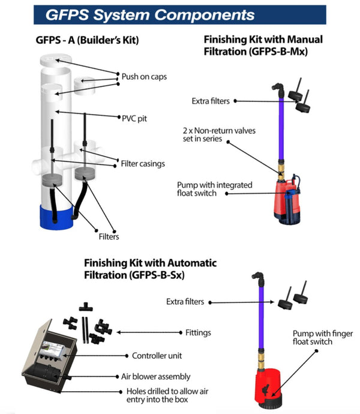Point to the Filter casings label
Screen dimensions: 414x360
point(143,164)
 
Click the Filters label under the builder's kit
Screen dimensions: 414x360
point(109,236)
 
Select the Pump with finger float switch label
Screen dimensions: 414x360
point(319,337)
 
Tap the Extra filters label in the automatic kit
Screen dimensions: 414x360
point(185,301)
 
